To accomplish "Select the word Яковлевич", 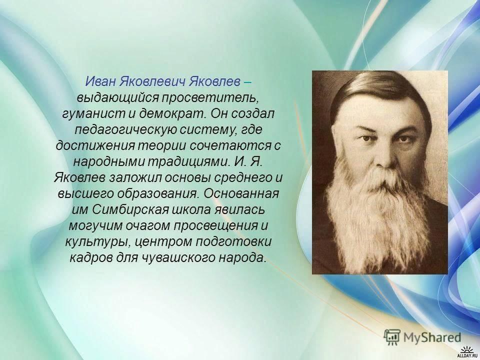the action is click(151, 81).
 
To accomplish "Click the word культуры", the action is click(96, 242).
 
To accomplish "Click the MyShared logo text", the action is click(432, 337).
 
